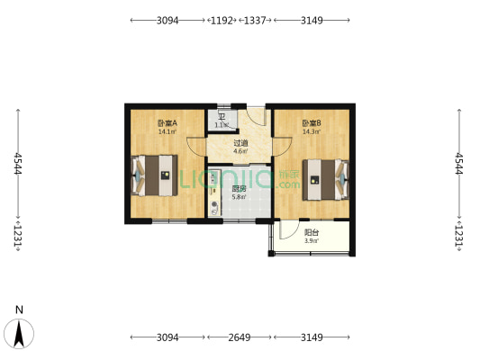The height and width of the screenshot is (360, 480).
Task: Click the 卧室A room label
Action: [x=167, y=123]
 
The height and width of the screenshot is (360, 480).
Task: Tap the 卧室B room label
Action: [x=311, y=123]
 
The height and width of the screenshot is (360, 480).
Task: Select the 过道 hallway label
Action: [x=240, y=142]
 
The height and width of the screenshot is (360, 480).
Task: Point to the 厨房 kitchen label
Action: [x=239, y=188]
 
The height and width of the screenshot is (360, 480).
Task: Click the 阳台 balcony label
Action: [x=312, y=231]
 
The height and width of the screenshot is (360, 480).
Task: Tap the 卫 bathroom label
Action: [x=221, y=117]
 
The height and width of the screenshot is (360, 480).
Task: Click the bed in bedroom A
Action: [x=155, y=175]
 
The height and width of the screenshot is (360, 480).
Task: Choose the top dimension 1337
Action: [x=258, y=19]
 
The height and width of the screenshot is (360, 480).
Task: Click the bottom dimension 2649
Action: [x=240, y=337]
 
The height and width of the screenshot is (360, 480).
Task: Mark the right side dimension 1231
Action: [x=460, y=236]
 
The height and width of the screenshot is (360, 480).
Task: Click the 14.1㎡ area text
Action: [x=167, y=132]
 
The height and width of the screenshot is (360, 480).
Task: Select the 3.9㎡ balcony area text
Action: [x=312, y=240]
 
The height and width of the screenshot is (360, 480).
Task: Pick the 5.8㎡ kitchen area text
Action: [x=239, y=197]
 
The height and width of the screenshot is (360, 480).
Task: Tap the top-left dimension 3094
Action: [x=168, y=19]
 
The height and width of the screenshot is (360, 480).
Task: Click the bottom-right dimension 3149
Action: [x=312, y=337]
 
